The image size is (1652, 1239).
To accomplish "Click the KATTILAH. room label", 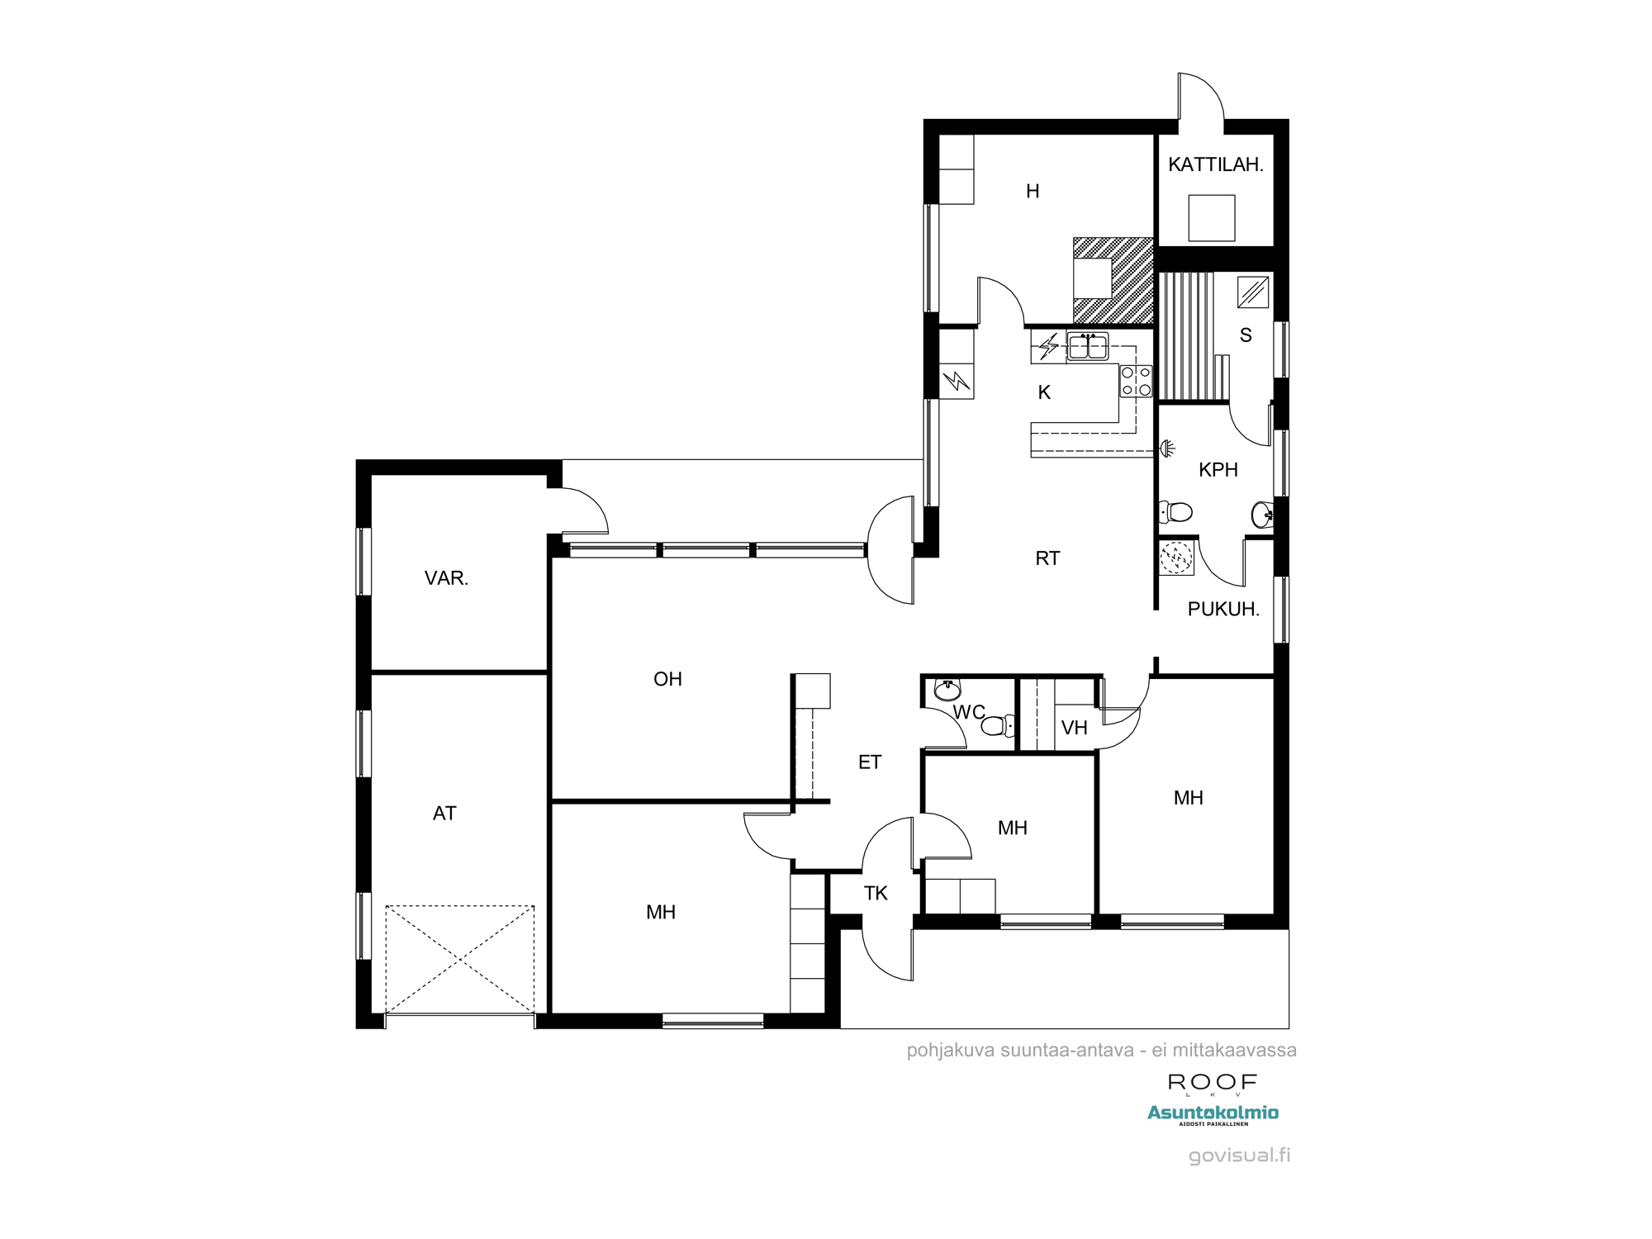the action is pyautogui.click(x=1215, y=164).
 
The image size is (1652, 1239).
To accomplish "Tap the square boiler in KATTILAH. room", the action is pyautogui.click(x=1212, y=218).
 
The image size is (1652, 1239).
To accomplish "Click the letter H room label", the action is pyautogui.click(x=1032, y=192).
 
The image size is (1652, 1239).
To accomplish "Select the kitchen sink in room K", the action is pyautogui.click(x=1088, y=346).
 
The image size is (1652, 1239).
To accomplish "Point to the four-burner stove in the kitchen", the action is pyautogui.click(x=1136, y=381).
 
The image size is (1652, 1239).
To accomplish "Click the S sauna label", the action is pyautogui.click(x=1246, y=335).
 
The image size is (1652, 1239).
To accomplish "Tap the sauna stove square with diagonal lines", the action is pyautogui.click(x=1253, y=292).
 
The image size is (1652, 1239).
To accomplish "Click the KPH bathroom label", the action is pyautogui.click(x=1218, y=470).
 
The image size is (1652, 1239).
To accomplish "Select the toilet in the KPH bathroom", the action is pyautogui.click(x=1175, y=512).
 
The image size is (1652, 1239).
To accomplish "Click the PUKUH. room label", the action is pyautogui.click(x=1223, y=610).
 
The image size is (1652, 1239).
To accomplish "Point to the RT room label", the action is pyautogui.click(x=1047, y=558).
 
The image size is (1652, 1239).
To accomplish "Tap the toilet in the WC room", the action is pyautogui.click(x=998, y=725).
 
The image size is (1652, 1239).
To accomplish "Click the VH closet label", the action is pyautogui.click(x=1074, y=728).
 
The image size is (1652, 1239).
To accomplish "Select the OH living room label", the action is pyautogui.click(x=667, y=679).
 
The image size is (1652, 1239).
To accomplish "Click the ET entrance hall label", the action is pyautogui.click(x=870, y=762).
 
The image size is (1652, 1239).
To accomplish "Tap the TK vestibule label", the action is pyautogui.click(x=876, y=893).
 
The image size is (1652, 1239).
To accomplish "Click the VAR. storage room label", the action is pyautogui.click(x=446, y=578).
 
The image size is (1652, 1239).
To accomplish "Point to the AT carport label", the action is pyautogui.click(x=444, y=814).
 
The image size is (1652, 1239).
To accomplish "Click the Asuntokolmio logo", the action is pyautogui.click(x=1213, y=1114).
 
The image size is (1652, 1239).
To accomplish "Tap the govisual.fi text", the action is pyautogui.click(x=1239, y=1156).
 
